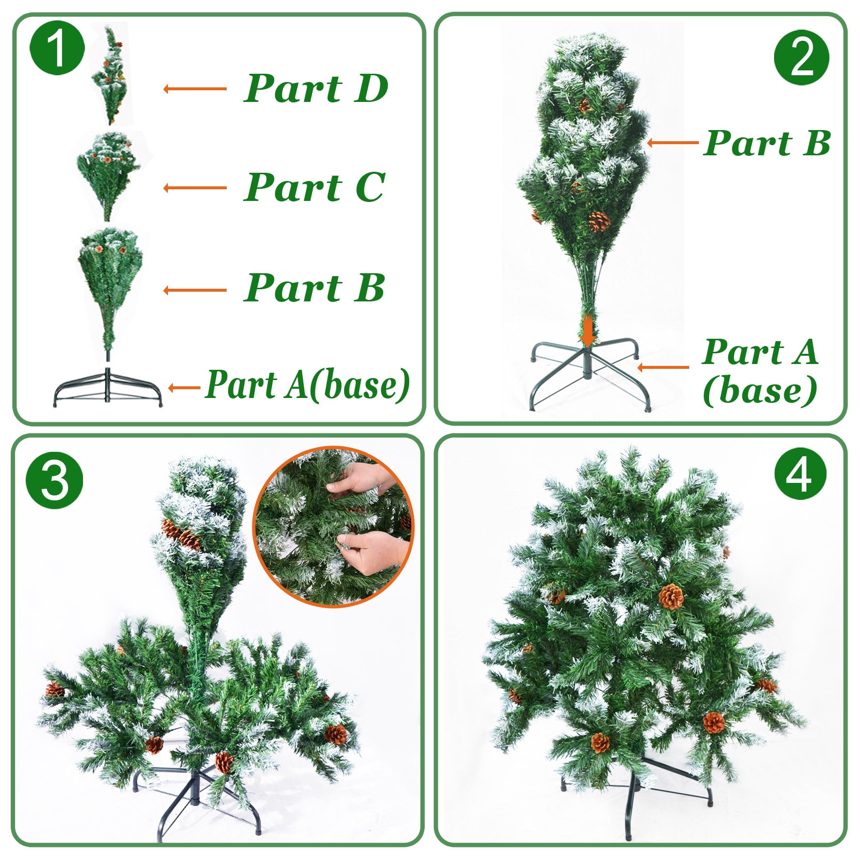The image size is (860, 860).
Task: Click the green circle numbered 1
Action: coord(57,47)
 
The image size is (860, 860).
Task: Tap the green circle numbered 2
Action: coord(801,57)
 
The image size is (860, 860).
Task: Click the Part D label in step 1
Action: coord(315,88)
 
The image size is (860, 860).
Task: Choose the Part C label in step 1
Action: coord(314,187)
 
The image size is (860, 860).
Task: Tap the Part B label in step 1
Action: coord(314,288)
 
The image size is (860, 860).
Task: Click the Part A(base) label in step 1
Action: coord(308,385)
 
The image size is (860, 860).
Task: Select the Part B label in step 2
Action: coord(767,143)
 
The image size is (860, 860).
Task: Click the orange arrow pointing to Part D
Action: coord(195,89)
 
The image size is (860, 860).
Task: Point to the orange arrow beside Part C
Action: coord(195,188)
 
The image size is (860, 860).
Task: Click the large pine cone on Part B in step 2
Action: coord(599,222)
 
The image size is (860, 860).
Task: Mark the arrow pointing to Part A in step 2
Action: coord(663,367)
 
